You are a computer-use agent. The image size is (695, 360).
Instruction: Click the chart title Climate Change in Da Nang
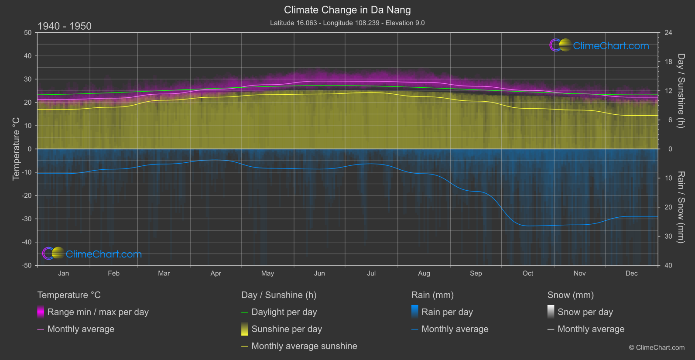(x=347, y=10)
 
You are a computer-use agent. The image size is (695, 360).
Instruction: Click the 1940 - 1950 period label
(x=65, y=26)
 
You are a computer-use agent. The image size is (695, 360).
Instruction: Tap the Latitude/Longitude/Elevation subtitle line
(x=347, y=23)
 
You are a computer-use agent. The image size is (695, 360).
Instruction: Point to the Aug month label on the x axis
(x=424, y=274)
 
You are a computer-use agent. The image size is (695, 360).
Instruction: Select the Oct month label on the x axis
(x=527, y=274)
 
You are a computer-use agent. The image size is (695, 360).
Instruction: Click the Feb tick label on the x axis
(x=113, y=274)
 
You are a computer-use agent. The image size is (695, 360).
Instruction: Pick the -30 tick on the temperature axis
(x=27, y=219)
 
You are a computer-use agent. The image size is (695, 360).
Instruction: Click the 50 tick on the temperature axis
(x=28, y=33)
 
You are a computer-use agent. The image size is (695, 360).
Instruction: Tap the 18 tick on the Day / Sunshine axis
(x=668, y=62)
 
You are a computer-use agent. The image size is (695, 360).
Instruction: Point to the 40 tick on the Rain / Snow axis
(x=668, y=265)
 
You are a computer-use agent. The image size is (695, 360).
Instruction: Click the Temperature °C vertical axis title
(x=16, y=148)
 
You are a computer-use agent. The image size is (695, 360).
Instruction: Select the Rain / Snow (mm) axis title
(x=681, y=207)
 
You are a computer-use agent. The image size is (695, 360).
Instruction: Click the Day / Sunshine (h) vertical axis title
(x=681, y=91)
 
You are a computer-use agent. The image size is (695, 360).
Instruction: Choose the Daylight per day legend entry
(x=284, y=312)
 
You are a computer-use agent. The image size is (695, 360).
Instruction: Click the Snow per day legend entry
(x=585, y=312)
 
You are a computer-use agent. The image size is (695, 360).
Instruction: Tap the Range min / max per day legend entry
(x=98, y=312)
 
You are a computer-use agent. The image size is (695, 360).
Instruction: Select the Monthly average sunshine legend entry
(x=304, y=346)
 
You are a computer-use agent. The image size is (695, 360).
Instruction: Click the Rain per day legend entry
(x=447, y=312)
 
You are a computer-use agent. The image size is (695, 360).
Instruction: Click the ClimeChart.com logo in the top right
(x=599, y=45)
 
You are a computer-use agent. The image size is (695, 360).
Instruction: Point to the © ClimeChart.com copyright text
(x=657, y=347)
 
